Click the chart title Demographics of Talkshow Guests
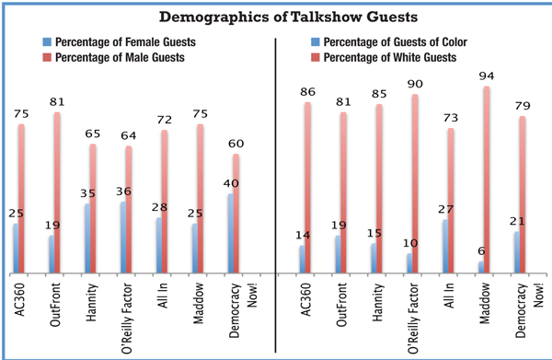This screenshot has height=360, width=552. [288, 17]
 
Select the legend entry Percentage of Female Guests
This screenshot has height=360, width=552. [119, 42]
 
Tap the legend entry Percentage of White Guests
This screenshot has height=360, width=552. [384, 57]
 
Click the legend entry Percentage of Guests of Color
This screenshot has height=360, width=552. [389, 42]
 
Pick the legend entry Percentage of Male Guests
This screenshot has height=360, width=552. [113, 57]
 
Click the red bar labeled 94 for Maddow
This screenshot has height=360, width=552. [487, 180]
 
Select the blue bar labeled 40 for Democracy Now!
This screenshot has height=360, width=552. [231, 233]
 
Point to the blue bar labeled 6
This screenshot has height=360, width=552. [481, 267]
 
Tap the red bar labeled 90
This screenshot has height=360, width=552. [415, 183]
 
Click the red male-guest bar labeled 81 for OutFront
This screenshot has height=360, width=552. [57, 192]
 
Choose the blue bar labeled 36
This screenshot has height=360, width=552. [123, 238]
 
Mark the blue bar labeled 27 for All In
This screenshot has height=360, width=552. [445, 246]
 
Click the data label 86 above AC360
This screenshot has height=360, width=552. [307, 92]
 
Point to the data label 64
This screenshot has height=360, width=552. [129, 135]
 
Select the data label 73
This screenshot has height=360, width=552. [451, 118]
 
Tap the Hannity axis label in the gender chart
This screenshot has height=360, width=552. [91, 303]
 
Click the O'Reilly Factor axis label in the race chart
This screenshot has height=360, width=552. [413, 318]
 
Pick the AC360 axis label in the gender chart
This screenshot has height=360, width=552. [19, 300]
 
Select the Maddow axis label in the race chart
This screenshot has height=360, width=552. [485, 303]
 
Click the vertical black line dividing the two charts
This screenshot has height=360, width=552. [275, 195]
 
